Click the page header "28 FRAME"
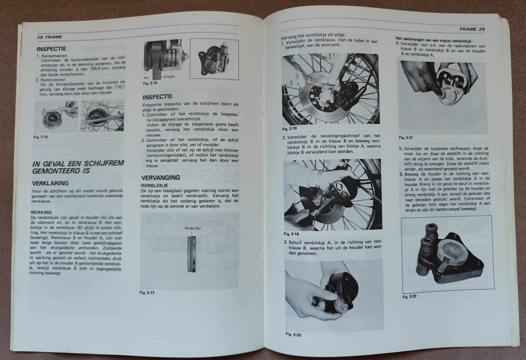pos(50,37)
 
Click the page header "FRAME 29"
pos(472,29)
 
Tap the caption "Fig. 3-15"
pos(41,137)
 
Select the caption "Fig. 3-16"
pos(150,83)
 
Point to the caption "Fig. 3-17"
pos(147,292)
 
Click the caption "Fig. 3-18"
pos(290,129)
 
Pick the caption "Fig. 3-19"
pos(291,234)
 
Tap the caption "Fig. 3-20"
pos(294,334)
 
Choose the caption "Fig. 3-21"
pos(406,138)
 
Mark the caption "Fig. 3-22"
pos(410,297)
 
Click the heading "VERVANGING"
pos(161,178)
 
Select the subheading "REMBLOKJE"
pos(154,185)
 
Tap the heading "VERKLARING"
pos(50,183)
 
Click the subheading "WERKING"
pos(41,212)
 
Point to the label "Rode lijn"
pos(193,228)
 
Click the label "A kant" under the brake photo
pos(169,76)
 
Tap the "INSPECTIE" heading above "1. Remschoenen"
pos(51,49)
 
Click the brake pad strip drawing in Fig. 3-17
pos(191,254)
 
